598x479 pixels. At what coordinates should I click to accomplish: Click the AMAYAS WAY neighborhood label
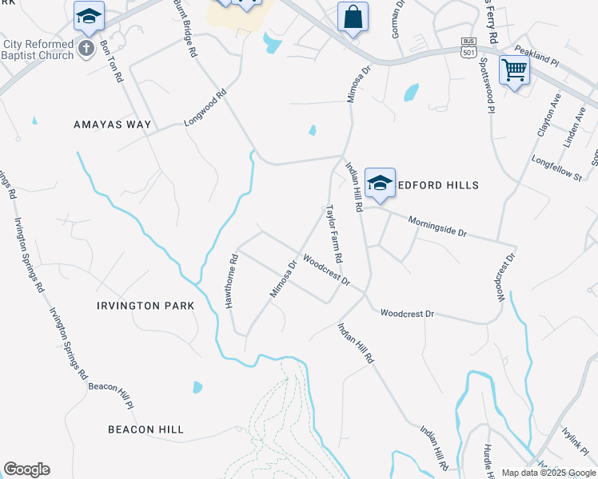[x=112, y=125]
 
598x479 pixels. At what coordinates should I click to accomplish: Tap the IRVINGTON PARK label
[x=146, y=306]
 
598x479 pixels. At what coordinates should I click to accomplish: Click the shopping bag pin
[x=353, y=18]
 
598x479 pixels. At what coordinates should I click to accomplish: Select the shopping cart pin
[x=514, y=70]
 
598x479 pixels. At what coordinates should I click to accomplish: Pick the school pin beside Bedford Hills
[x=380, y=183]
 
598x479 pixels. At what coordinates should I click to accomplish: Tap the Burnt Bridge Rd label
[x=184, y=28]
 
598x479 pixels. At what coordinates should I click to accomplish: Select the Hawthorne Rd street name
[x=232, y=282]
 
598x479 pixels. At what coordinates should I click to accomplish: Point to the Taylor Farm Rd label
[x=333, y=234]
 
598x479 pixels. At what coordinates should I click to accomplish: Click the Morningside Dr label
[x=437, y=226]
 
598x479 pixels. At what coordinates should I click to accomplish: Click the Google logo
[x=26, y=469]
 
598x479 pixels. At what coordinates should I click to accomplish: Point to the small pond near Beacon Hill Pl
[x=197, y=387]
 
